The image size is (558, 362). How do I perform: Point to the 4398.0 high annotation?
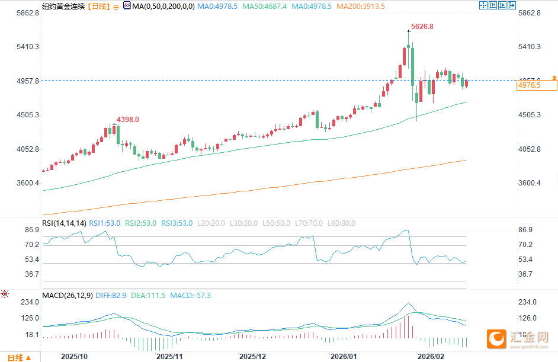click(x=128, y=120)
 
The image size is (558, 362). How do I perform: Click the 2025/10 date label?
click(x=75, y=356)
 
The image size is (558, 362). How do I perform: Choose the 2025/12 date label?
click(x=252, y=356)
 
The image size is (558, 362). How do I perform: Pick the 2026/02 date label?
click(x=431, y=356)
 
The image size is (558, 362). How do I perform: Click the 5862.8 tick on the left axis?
click(x=28, y=13)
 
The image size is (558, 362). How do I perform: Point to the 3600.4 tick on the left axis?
click(x=28, y=183)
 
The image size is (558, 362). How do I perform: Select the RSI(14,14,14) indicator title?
click(x=64, y=223)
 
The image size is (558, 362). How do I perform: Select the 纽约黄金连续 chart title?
click(x=63, y=7)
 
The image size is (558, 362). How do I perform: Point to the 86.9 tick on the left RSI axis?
click(x=32, y=229)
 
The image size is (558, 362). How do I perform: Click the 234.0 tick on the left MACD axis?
click(x=30, y=302)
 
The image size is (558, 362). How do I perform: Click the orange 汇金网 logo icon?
click(x=495, y=338)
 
